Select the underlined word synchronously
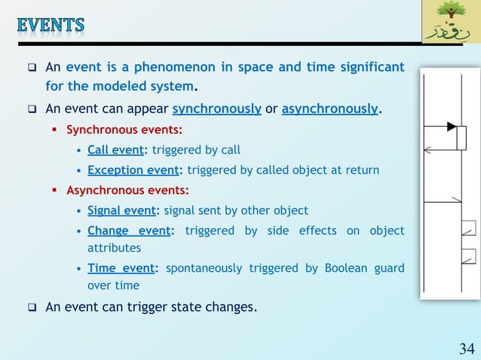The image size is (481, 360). point(216,108)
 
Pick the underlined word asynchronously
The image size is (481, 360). point(329,108)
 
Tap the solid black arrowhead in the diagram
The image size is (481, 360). point(451,126)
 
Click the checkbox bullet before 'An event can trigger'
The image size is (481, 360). point(33,307)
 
